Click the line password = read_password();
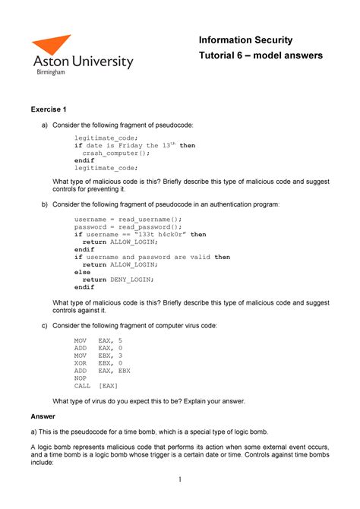point(128,226)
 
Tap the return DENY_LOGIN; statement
point(119,279)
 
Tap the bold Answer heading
point(43,416)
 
